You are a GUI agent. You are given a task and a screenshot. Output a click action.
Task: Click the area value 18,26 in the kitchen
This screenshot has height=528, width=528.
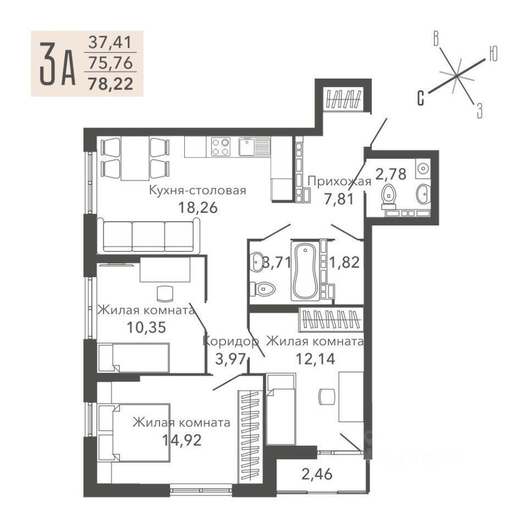(197, 207)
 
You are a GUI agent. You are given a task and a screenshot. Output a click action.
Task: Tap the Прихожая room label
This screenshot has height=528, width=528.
(339, 182)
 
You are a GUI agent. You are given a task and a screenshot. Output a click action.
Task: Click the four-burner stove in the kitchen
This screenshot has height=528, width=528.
(221, 146)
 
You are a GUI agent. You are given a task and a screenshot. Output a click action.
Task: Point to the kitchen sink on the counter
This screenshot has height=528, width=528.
(255, 146)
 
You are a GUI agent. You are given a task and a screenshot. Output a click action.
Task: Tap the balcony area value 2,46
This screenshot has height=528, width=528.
(317, 474)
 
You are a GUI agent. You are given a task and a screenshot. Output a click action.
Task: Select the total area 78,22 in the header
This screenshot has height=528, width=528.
(111, 84)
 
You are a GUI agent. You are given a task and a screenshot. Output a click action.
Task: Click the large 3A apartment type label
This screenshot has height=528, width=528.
(57, 64)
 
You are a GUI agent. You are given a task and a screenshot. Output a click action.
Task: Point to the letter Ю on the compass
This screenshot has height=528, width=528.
(493, 54)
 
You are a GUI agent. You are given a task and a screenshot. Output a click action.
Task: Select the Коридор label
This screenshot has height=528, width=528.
(231, 341)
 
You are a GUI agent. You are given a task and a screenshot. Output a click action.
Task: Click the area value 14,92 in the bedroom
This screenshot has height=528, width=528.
(182, 439)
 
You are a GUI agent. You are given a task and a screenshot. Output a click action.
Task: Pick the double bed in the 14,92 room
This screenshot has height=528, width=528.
(134, 432)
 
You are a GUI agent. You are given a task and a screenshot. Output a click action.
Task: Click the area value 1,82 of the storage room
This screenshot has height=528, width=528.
(344, 262)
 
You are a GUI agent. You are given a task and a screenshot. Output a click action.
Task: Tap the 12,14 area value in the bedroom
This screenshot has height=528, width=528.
(316, 359)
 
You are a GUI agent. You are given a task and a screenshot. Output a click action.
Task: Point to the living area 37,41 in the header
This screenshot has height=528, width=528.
(110, 43)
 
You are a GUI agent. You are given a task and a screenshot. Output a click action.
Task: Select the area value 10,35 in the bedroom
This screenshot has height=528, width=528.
(146, 327)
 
